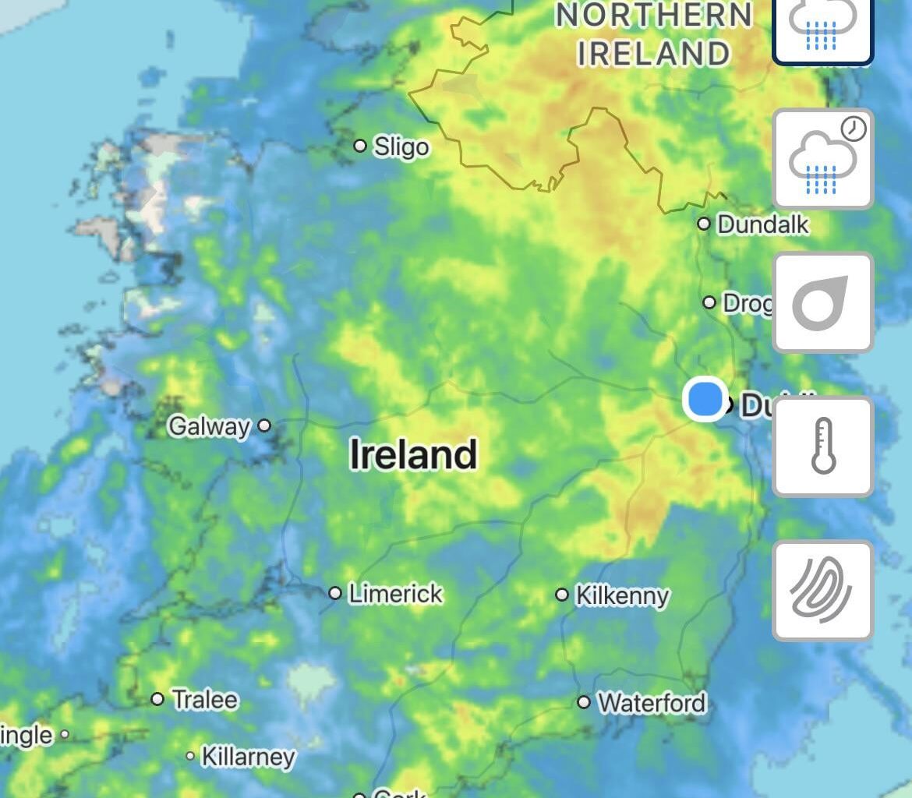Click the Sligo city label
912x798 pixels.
(401, 147)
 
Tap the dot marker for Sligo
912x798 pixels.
(360, 145)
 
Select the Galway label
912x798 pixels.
(209, 426)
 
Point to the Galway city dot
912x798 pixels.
(265, 425)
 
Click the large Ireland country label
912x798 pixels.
(413, 454)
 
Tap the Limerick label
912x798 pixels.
(396, 594)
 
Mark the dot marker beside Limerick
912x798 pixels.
(335, 593)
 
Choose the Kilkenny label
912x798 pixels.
(622, 596)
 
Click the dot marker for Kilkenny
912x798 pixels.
(562, 595)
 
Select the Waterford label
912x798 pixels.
(652, 703)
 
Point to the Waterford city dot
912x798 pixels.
(584, 702)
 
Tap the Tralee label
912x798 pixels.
(205, 700)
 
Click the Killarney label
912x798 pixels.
(249, 757)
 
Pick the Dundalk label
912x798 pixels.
(763, 225)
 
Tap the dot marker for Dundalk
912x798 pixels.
(704, 224)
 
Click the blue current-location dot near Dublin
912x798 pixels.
(705, 399)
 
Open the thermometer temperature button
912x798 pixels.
(822, 446)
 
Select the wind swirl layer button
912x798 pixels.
(822, 591)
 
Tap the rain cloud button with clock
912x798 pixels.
(822, 159)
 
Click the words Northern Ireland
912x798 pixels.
(653, 34)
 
